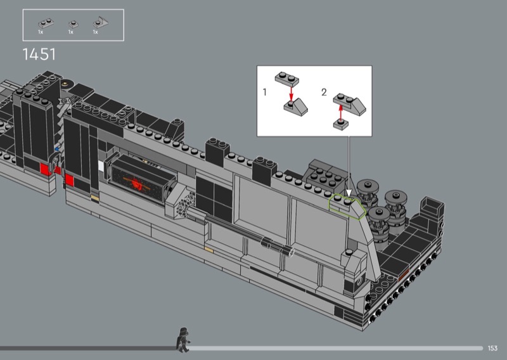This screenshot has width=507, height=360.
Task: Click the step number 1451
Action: (x=39, y=55)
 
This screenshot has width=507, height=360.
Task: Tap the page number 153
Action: (x=492, y=348)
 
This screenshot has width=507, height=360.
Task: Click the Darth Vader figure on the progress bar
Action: (x=183, y=340)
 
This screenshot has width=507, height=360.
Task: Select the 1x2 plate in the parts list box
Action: (x=46, y=23)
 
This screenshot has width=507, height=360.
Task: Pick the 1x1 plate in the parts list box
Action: (x=74, y=24)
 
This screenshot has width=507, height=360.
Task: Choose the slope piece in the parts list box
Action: (x=101, y=23)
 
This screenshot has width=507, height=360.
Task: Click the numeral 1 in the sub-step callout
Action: (x=265, y=92)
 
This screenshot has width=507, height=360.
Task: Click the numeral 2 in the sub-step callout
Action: (x=324, y=92)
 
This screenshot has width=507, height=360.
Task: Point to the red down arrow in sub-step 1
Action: (x=291, y=94)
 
